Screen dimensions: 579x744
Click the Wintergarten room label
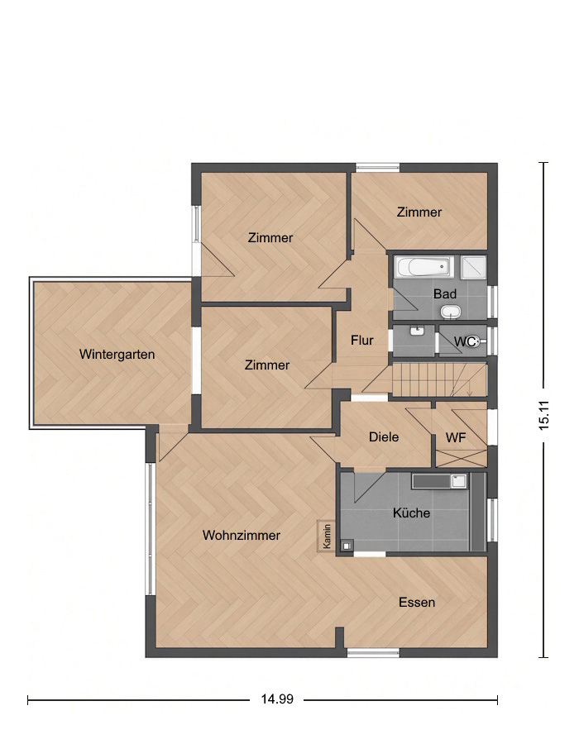click(117, 355)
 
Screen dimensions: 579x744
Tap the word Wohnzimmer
click(241, 535)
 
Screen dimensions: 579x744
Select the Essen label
click(417, 602)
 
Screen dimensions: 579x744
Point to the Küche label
click(411, 513)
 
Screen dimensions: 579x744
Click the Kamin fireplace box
click(327, 537)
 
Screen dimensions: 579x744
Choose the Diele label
click(384, 437)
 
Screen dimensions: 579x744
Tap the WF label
click(456, 437)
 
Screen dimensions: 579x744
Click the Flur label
click(362, 341)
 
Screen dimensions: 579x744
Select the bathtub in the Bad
click(424, 268)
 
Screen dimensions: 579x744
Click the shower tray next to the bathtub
click(473, 267)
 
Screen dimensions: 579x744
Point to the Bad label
click(445, 294)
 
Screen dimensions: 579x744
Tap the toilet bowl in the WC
click(475, 341)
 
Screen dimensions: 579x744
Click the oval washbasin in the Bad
click(451, 312)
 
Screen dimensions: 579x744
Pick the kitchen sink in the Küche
click(458, 481)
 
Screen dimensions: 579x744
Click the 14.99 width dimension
click(277, 699)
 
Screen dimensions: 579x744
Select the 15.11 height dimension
click(544, 415)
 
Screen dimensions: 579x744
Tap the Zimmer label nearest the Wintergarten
click(266, 365)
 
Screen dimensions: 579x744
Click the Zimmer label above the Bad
click(419, 212)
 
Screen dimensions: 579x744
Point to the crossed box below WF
click(462, 458)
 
